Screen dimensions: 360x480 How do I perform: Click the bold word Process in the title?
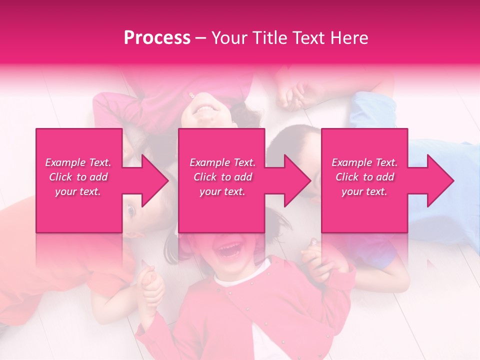point(157,38)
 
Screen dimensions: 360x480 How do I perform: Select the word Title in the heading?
point(269,38)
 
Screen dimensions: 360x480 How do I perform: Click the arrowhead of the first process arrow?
point(155,180)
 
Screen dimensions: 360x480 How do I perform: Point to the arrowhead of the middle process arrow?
point(298,180)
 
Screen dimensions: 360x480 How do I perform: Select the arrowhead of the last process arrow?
point(441,180)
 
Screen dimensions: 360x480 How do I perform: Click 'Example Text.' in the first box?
point(78,162)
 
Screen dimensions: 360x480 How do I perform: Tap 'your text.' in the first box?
point(78,191)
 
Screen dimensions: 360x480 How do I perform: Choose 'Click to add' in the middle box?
point(222,177)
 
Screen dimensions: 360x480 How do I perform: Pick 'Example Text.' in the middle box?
point(222,162)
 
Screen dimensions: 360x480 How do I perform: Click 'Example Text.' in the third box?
point(364,162)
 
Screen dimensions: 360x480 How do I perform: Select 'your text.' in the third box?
point(364,191)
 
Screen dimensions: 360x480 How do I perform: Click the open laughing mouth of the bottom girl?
point(231,249)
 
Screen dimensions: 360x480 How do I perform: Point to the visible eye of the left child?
point(131,211)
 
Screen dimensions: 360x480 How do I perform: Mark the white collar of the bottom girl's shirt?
point(235,280)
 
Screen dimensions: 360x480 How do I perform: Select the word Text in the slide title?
point(309,38)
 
